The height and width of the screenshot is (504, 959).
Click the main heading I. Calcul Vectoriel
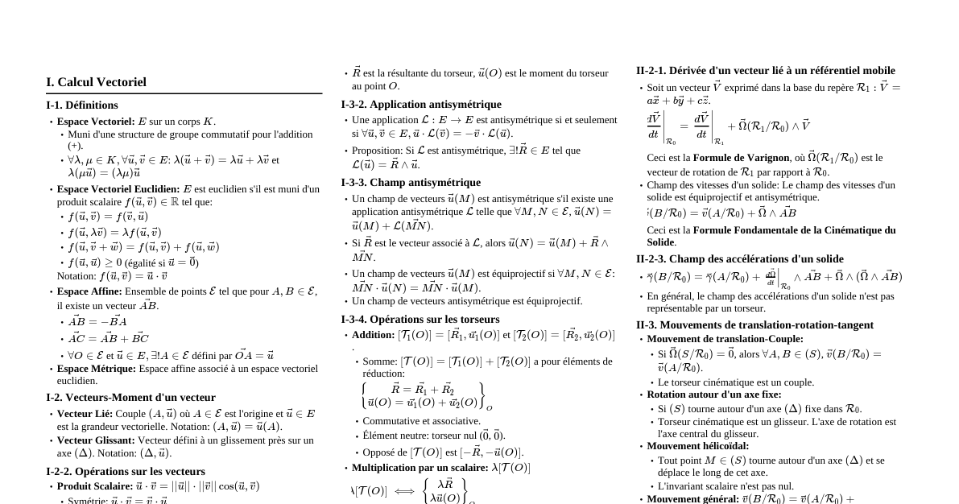(x=96, y=82)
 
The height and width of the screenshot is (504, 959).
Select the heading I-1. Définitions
(x=82, y=105)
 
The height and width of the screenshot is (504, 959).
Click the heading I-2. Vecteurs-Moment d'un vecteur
(x=130, y=398)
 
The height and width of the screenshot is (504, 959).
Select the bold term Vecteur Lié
(x=85, y=414)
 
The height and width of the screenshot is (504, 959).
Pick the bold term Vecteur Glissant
(x=96, y=440)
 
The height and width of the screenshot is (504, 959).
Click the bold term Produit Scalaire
(x=94, y=486)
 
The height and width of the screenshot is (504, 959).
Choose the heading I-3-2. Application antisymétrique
(x=420, y=105)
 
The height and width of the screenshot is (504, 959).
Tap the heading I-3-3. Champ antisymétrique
(x=410, y=183)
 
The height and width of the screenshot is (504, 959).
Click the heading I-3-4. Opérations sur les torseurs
(x=420, y=320)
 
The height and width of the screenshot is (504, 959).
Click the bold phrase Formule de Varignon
(x=741, y=158)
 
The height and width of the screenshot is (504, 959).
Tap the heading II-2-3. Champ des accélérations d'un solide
(x=739, y=259)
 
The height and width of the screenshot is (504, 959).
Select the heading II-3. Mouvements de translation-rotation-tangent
(x=754, y=325)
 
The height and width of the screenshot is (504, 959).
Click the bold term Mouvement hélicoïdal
(x=697, y=446)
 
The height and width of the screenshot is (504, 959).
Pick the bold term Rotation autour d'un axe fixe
(x=713, y=395)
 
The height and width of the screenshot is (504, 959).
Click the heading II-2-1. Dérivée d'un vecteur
(x=765, y=71)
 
